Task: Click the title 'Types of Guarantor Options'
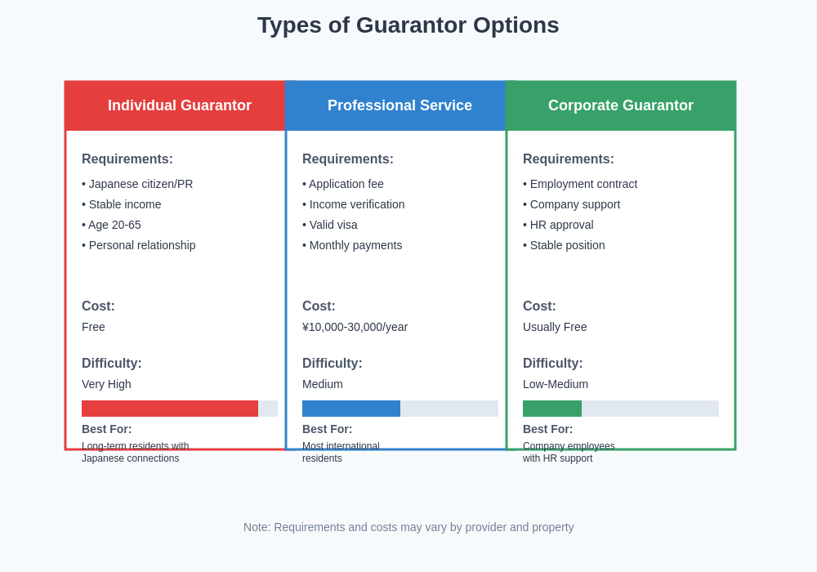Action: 408,25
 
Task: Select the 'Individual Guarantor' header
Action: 180,105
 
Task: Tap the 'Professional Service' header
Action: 400,105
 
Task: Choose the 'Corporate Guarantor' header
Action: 621,105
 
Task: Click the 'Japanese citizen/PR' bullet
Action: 139,184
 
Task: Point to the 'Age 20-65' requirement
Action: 113,225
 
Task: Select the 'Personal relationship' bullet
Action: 141,245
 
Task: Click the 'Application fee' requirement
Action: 345,184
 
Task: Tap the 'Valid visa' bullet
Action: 332,225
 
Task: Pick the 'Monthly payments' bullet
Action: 354,245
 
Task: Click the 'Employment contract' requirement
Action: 582,184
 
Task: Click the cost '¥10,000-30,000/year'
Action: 355,327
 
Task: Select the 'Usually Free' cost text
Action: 555,327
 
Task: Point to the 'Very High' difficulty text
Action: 106,384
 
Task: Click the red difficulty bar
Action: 170,409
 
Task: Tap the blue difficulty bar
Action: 351,409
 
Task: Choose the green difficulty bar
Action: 552,409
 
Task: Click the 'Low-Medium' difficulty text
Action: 556,384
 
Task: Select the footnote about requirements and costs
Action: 408,527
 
